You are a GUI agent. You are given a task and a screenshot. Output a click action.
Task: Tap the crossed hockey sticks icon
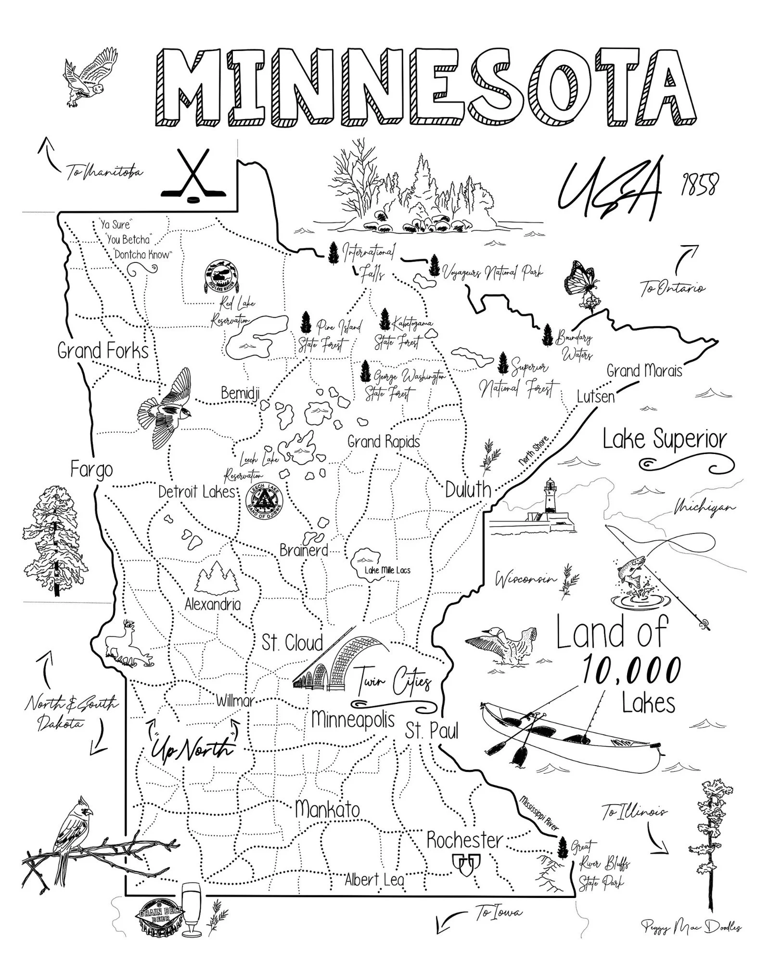coord(193,174)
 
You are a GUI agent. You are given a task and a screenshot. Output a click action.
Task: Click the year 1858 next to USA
coord(699,184)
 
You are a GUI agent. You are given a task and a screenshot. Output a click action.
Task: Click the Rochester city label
coord(464,840)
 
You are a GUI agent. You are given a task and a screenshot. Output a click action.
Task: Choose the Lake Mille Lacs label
coord(387,570)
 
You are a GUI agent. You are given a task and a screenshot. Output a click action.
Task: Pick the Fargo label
coord(91,469)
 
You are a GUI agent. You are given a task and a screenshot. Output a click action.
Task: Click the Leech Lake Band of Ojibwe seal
coord(264,502)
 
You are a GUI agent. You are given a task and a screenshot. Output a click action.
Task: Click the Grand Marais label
coord(644,371)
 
